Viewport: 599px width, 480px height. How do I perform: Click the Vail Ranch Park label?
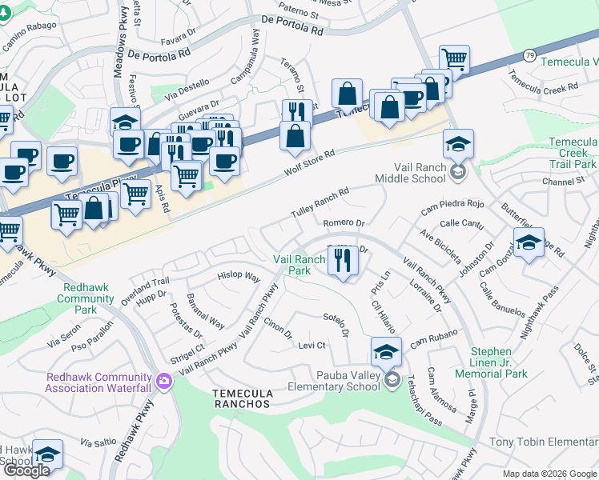tap(292, 265)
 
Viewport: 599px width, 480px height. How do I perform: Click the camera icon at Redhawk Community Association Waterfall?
tap(165, 380)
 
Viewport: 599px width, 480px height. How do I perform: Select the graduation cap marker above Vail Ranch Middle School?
tap(458, 145)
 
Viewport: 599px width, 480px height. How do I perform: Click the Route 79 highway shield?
tap(529, 55)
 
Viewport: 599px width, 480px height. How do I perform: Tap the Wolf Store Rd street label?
tap(309, 164)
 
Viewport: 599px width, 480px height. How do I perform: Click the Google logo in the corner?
tap(26, 470)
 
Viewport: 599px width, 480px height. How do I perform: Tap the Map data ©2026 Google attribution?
tap(549, 474)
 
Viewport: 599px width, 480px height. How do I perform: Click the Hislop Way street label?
tap(239, 277)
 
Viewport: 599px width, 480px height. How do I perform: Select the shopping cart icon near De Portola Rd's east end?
tap(454, 59)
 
